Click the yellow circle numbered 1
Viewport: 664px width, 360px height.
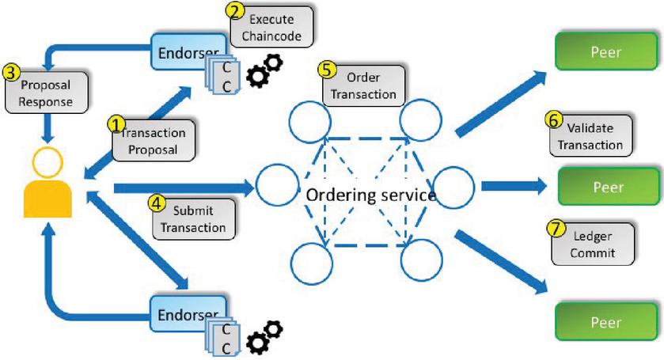[x=116, y=124]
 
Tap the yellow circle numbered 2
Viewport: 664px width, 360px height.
[x=235, y=11]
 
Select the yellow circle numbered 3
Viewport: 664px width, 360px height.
[x=11, y=71]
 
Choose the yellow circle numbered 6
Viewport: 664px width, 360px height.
[x=553, y=119]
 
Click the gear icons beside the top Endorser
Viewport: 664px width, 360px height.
[x=265, y=70]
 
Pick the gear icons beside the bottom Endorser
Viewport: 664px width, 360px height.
[x=265, y=335]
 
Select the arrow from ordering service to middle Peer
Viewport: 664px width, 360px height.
[x=513, y=187]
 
